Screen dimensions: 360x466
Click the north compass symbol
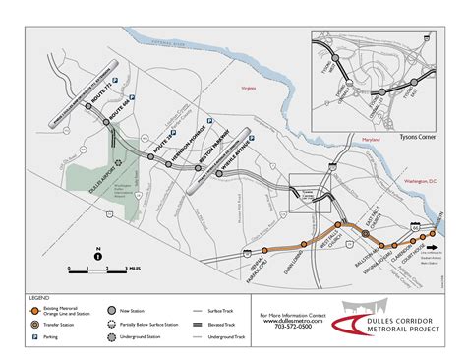98,256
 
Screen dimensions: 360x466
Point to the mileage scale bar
99,268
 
